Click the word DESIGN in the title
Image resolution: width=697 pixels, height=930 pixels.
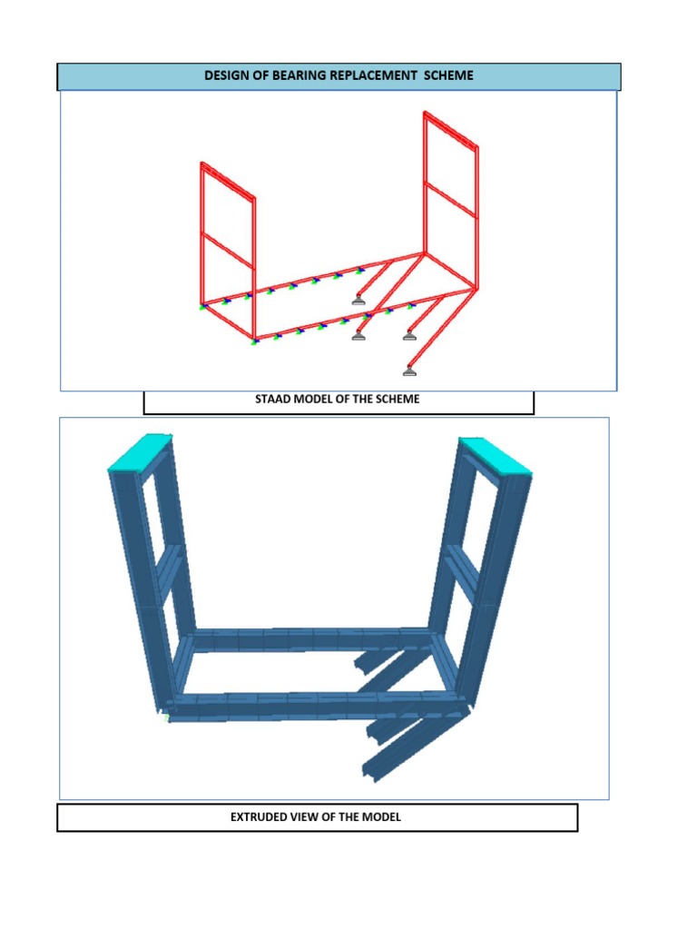point(227,75)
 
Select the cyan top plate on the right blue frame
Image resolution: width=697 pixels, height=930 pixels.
point(495,455)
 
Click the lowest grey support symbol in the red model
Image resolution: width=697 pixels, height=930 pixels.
point(410,370)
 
